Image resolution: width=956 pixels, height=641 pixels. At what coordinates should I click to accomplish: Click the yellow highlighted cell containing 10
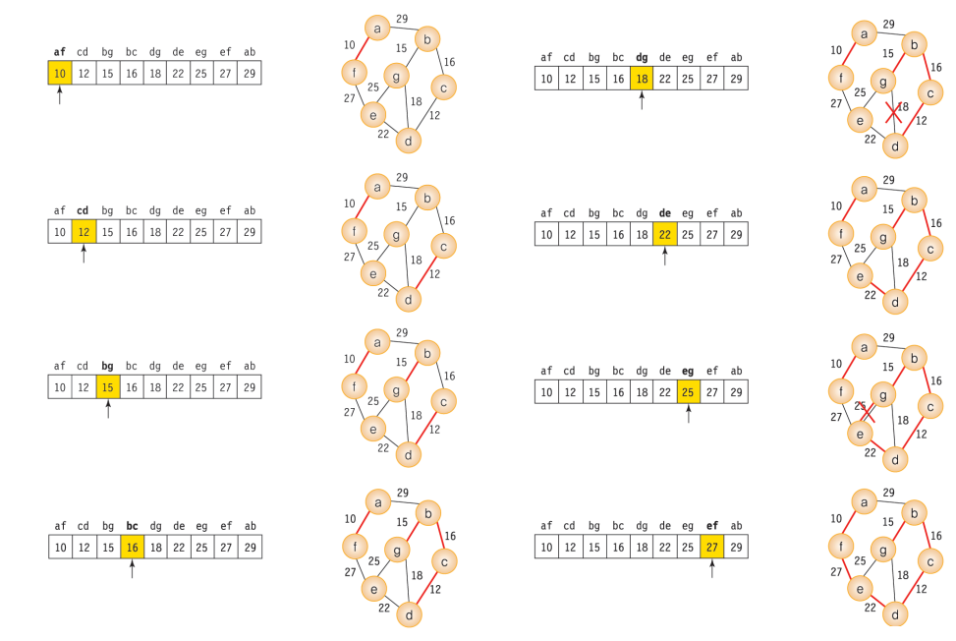pyautogui.click(x=60, y=73)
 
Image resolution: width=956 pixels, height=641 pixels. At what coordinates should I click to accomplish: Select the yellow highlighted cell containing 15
pyautogui.click(x=108, y=387)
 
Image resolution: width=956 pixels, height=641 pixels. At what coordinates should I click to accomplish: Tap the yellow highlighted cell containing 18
pyautogui.click(x=641, y=78)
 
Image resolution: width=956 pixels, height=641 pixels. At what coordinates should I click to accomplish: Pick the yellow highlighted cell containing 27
pyautogui.click(x=712, y=547)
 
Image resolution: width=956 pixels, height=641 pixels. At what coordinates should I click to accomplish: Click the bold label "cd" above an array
pyautogui.click(x=84, y=209)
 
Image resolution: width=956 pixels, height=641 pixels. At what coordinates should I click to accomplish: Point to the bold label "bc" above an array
pyautogui.click(x=132, y=525)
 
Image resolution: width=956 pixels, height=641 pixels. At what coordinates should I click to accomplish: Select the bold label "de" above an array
pyautogui.click(x=664, y=213)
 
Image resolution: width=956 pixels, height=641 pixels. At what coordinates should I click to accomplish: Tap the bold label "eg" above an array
pyautogui.click(x=688, y=372)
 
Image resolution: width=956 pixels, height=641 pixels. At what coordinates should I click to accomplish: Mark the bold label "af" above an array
pyautogui.click(x=60, y=52)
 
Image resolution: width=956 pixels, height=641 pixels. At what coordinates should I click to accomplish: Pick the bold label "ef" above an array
pyautogui.click(x=712, y=526)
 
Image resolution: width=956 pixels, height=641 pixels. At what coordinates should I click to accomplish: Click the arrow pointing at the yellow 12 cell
pyautogui.click(x=84, y=254)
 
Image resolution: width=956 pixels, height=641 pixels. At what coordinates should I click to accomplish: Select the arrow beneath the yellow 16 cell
pyautogui.click(x=132, y=568)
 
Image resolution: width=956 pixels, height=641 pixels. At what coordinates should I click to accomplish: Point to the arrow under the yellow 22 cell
pyautogui.click(x=664, y=257)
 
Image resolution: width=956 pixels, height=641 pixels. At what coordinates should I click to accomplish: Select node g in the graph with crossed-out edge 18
pyautogui.click(x=884, y=83)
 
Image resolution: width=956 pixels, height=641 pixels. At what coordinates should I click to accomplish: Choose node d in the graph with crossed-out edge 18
pyautogui.click(x=894, y=146)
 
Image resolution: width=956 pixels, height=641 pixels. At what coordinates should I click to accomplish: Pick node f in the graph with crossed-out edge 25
pyautogui.click(x=839, y=390)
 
